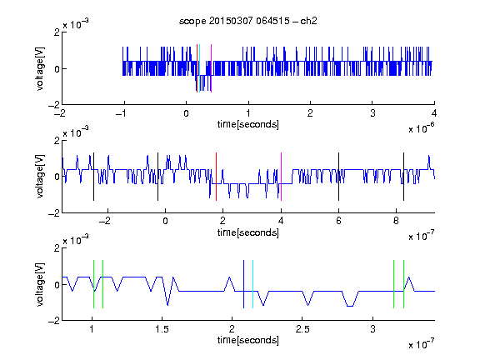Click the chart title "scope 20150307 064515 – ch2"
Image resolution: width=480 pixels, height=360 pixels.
coord(248,21)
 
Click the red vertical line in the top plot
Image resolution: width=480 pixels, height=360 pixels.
coord(197,68)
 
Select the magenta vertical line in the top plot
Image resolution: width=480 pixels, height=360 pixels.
coord(211,68)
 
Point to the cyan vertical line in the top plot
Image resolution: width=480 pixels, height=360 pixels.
coord(200,68)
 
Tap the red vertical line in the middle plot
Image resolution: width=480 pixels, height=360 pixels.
coord(216,177)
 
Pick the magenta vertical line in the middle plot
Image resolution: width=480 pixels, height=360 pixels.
coord(281,177)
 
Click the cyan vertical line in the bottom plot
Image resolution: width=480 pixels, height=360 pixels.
coord(252,284)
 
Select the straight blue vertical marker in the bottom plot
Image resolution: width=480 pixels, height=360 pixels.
coord(243,284)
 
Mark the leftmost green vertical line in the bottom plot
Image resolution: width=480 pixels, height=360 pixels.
coord(93,284)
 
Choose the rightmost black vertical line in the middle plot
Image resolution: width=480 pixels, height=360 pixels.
coord(403,177)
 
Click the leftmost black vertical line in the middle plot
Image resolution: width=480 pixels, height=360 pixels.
coord(93,177)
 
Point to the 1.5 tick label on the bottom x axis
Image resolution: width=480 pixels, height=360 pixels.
coord(162,329)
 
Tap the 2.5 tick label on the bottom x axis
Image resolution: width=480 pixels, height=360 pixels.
coord(302,329)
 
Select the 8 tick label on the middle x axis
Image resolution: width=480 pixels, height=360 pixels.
coord(396,221)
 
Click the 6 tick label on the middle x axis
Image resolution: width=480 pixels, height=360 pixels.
coord(338,221)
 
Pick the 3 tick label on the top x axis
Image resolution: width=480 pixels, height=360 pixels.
coord(372,113)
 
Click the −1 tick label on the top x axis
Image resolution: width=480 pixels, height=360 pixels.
coord(121,113)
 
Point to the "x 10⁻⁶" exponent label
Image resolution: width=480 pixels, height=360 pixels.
coord(422,127)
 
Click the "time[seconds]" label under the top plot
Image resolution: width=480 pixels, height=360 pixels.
coord(248,124)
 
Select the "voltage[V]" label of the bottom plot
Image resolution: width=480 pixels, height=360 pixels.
coord(40,284)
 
